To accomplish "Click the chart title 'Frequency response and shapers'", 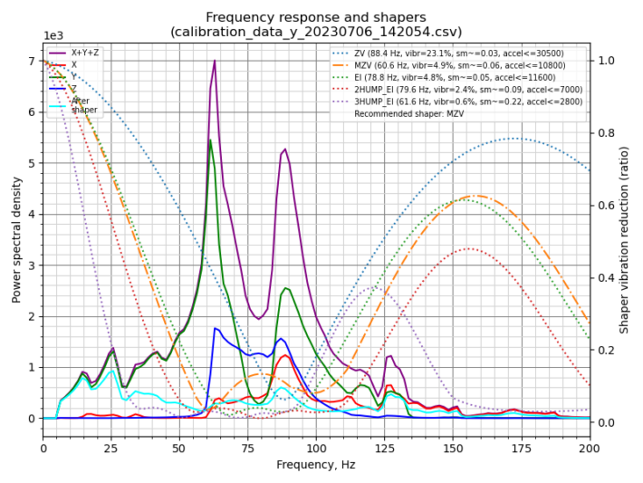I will (x=315, y=17).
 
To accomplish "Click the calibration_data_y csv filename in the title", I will (x=315, y=32).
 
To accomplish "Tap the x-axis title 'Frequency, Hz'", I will (x=315, y=465).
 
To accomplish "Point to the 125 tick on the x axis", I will (x=384, y=448).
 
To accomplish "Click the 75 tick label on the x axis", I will (x=247, y=448).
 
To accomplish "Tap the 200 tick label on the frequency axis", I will (x=590, y=448).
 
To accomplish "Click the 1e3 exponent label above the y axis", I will (x=54, y=36).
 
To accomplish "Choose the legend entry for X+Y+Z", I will (x=85, y=53).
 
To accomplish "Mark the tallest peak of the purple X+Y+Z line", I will (x=215, y=61).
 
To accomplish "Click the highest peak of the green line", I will (x=210, y=140).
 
